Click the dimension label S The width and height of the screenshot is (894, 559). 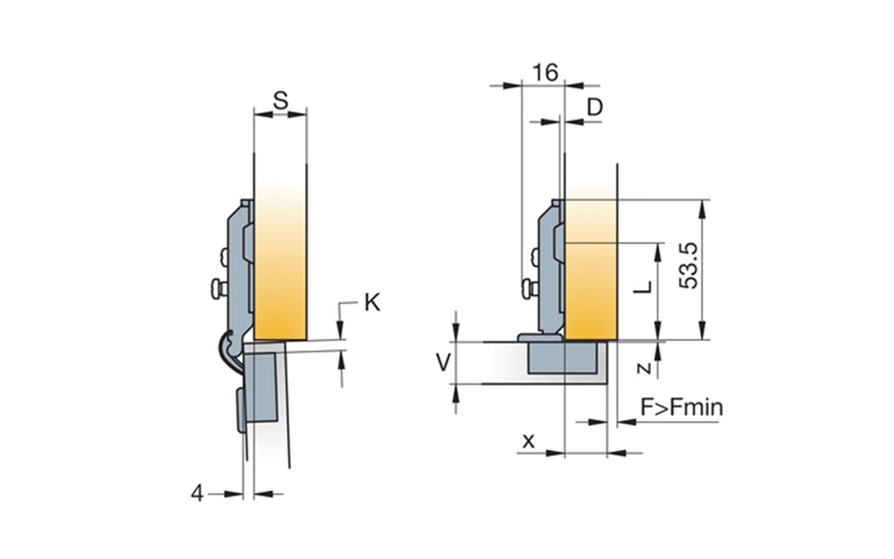(x=280, y=101)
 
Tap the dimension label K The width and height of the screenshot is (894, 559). (x=372, y=303)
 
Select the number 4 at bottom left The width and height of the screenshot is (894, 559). (x=196, y=493)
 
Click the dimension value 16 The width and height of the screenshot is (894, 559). (x=545, y=73)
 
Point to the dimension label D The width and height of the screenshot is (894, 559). (x=595, y=106)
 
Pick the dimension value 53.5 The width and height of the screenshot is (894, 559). (x=689, y=266)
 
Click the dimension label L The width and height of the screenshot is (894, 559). (x=643, y=286)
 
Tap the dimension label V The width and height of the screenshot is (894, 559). (x=443, y=361)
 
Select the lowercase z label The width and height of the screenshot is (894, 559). (x=643, y=369)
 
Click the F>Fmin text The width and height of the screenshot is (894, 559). (x=682, y=407)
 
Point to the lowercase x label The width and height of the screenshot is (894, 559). (x=529, y=441)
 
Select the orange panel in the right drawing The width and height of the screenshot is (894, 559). (x=590, y=263)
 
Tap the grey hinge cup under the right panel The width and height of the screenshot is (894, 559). (x=563, y=357)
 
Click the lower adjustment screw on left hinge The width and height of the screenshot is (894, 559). (x=218, y=288)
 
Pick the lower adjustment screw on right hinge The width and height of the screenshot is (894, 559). (x=529, y=288)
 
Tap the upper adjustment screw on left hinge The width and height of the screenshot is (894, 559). (x=224, y=257)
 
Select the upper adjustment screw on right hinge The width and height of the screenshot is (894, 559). (x=535, y=257)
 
